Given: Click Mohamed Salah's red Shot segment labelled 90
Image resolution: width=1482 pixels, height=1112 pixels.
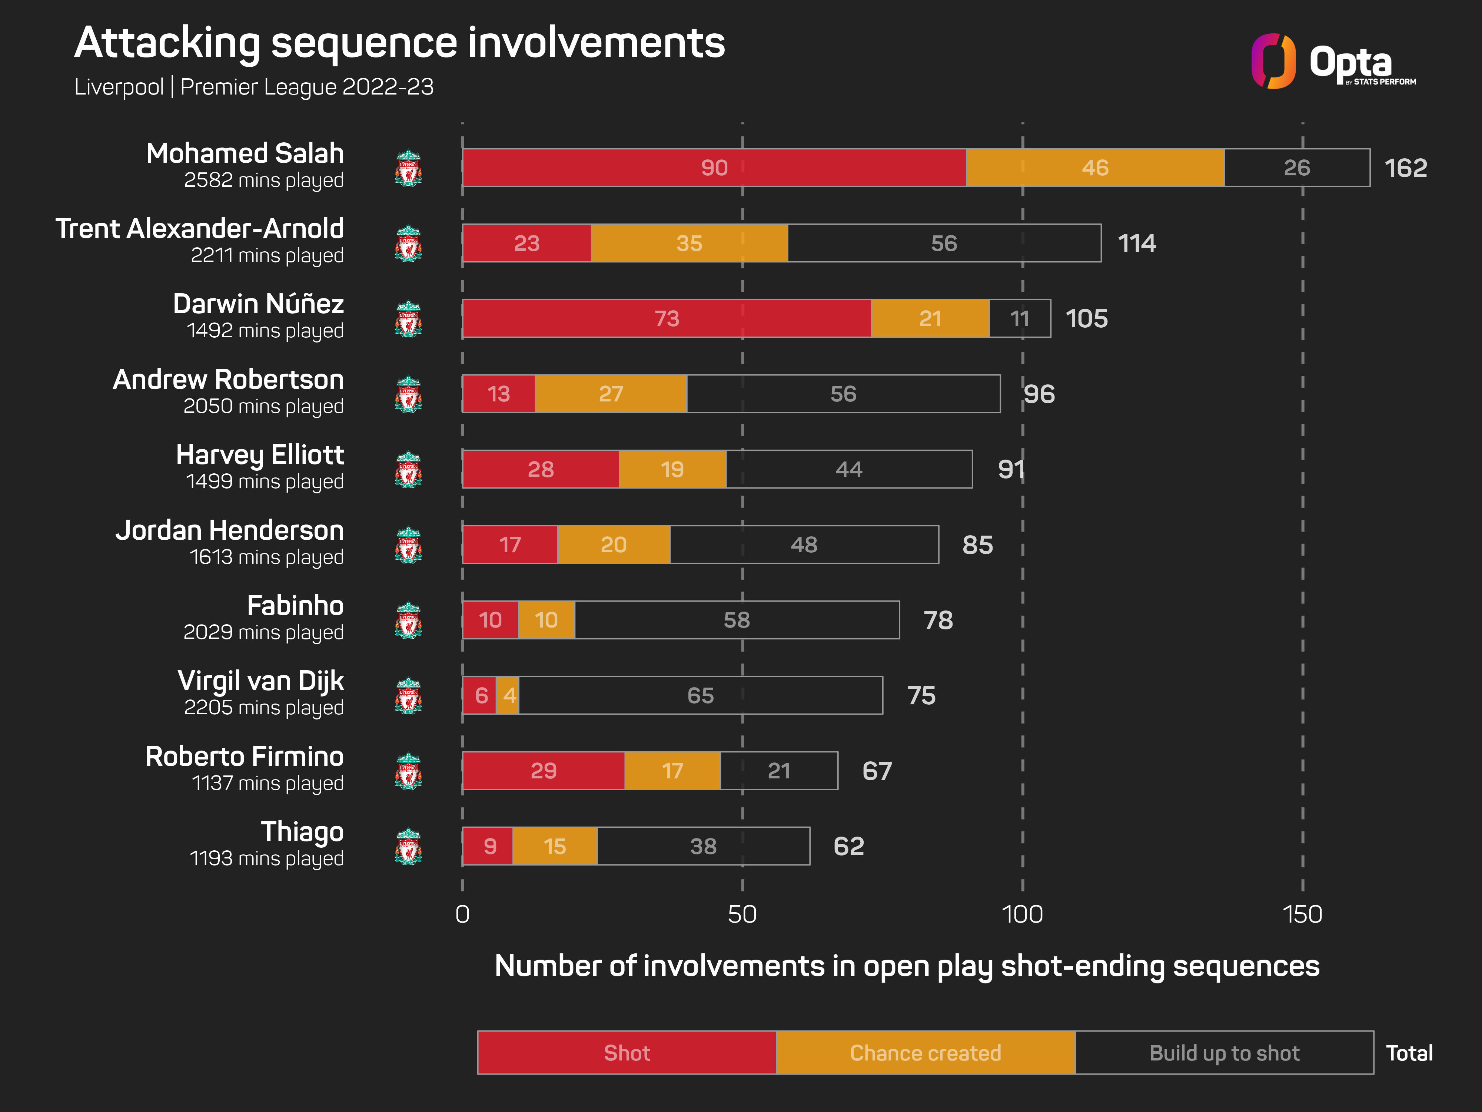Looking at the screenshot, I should (x=714, y=168).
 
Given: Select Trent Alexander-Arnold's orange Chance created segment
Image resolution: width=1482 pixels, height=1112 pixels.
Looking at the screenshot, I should (x=690, y=243).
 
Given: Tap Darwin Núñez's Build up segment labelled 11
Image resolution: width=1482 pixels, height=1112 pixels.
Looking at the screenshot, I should (x=1020, y=318).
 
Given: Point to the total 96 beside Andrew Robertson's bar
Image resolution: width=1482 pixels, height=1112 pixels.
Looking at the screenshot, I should (x=1039, y=394).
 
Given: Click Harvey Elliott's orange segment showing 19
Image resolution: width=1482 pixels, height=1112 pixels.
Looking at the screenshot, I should (x=672, y=469).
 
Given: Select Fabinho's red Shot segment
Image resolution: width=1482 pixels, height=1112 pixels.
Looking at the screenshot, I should (x=491, y=620).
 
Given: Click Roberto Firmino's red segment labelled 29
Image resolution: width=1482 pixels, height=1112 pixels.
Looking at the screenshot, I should (x=544, y=771).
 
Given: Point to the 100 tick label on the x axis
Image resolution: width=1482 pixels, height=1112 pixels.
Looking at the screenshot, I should (x=1022, y=915).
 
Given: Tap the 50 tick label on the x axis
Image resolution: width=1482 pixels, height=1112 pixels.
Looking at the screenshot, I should (x=742, y=915).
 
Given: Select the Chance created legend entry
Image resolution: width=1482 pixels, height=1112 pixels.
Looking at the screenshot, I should (x=925, y=1053).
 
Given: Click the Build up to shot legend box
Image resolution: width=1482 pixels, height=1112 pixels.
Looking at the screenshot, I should (x=1224, y=1053).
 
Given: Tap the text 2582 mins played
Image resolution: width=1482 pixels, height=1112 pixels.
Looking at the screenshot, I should (x=264, y=180).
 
